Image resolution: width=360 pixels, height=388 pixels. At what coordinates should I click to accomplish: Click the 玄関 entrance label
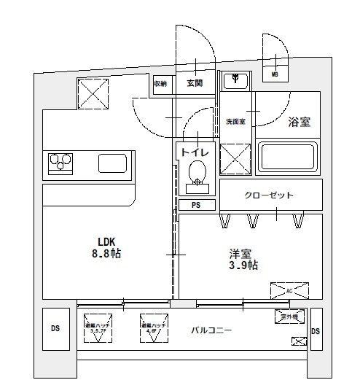[195, 83]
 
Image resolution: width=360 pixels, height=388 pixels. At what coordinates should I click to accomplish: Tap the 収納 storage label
[160, 84]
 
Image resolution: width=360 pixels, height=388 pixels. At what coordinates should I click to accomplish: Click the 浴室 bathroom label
[300, 123]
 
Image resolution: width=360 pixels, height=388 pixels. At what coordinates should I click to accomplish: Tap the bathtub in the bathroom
[291, 158]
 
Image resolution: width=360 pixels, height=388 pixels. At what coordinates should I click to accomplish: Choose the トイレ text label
[195, 152]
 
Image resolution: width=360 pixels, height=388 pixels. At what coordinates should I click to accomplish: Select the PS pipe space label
[195, 205]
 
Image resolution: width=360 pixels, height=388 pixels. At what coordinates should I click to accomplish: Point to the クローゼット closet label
[269, 195]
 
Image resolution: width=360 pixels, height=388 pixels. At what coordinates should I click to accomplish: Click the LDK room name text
[107, 242]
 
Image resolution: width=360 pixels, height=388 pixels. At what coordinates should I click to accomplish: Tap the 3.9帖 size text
[242, 265]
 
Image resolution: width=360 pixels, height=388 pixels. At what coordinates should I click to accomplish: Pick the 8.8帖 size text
[107, 255]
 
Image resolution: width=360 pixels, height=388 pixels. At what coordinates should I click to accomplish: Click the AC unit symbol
[289, 291]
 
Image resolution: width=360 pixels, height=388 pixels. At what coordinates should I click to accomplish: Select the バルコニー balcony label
[211, 330]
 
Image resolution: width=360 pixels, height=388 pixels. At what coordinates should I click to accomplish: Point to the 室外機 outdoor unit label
[289, 317]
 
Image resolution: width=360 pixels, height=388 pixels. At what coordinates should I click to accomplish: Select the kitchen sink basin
[113, 163]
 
